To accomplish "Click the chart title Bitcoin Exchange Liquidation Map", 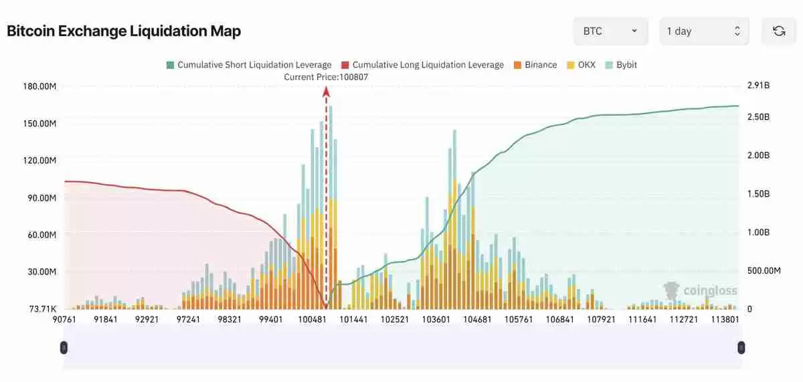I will [124, 31].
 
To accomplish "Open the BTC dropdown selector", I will [610, 31].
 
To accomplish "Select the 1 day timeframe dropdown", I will [703, 31].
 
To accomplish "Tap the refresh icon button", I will [778, 31].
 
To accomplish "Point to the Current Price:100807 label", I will [326, 77].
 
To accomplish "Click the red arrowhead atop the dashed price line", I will [327, 92].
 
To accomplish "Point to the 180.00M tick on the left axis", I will [39, 86].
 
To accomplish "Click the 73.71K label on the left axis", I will [42, 309].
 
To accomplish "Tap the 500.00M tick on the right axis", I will [764, 271].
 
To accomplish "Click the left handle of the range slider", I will [64, 347].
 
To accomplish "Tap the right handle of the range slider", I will [741, 347].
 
